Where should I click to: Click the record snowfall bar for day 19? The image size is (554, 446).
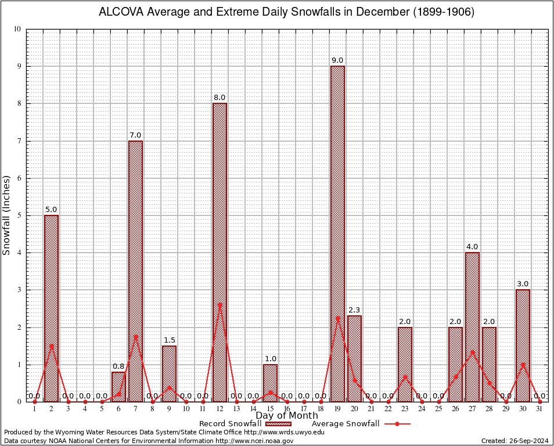(337, 232)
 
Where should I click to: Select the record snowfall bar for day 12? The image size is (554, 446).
(220, 250)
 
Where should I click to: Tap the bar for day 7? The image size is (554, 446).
(135, 270)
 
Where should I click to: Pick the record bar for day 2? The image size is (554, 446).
(51, 308)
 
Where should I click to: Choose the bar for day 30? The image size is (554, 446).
(523, 346)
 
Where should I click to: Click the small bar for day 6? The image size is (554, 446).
(118, 387)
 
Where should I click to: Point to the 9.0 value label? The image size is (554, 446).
(337, 60)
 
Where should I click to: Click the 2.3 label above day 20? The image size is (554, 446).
(354, 310)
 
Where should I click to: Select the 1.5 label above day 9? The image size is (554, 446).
(169, 340)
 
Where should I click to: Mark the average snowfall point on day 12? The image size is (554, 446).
(220, 304)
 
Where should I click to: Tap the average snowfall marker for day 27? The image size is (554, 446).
(472, 351)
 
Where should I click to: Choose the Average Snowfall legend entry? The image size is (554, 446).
(345, 423)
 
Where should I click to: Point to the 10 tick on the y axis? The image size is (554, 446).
(17, 29)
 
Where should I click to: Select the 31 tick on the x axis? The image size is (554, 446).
(539, 409)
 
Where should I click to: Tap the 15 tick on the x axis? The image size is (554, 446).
(270, 409)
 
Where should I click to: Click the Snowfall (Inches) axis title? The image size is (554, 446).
(7, 215)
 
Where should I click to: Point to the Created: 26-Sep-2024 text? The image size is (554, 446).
(515, 441)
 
